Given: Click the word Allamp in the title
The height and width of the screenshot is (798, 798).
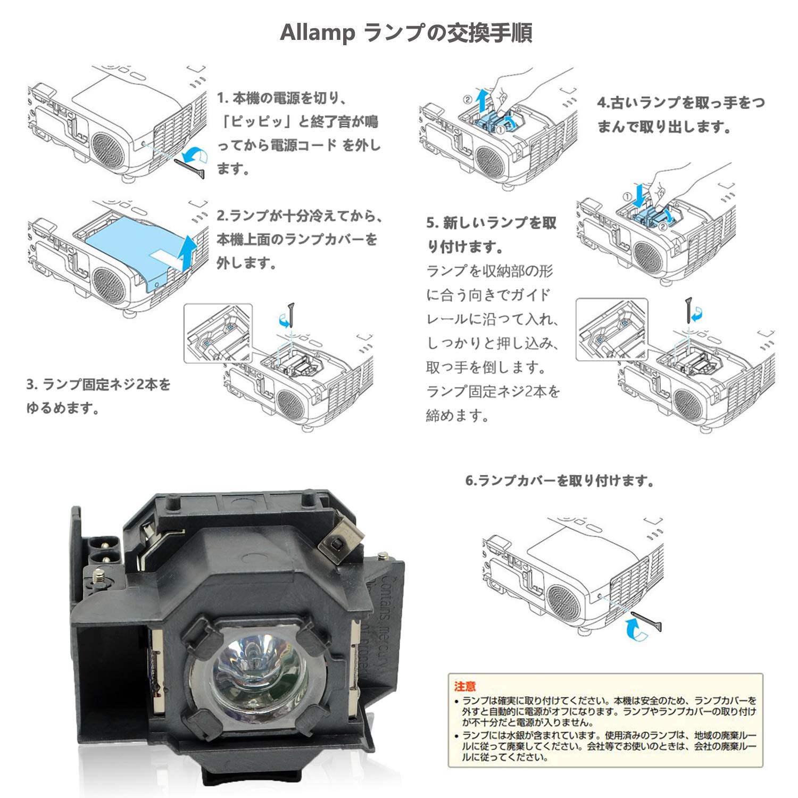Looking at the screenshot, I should click(x=317, y=33).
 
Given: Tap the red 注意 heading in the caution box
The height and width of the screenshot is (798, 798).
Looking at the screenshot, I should click(x=465, y=686).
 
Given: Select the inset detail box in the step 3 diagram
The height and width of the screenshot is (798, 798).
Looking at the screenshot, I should click(x=218, y=333).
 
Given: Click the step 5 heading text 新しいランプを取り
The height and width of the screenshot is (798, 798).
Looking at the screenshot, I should click(x=492, y=223).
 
